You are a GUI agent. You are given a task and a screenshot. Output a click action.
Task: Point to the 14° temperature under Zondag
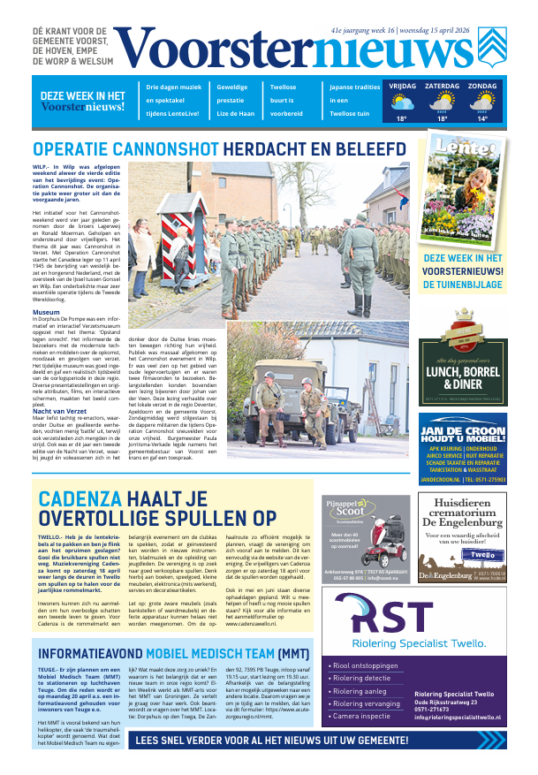pos(482,118)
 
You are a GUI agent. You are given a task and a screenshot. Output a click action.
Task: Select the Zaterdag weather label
pos(442,87)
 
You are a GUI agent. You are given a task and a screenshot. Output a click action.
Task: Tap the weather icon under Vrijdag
pos(401,103)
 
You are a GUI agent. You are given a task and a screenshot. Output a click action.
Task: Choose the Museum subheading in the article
pos(46,313)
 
